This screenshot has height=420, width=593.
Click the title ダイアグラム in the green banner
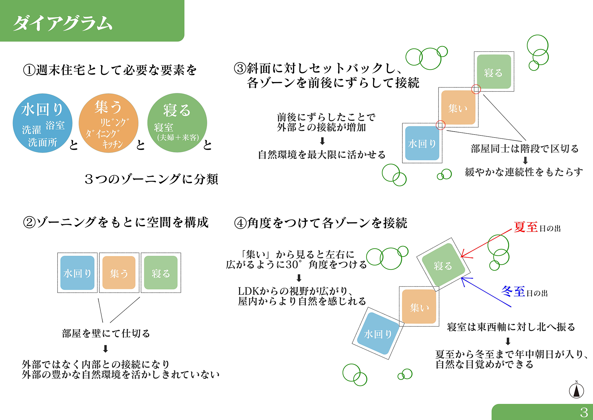pyautogui.click(x=63, y=23)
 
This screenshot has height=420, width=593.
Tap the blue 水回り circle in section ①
pyautogui.click(x=43, y=123)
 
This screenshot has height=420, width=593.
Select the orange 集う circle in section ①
pyautogui.click(x=109, y=123)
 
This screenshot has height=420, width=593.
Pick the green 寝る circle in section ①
pyautogui.click(x=177, y=123)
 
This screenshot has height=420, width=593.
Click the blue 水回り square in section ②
pyautogui.click(x=77, y=273)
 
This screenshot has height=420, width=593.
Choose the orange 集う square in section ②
pyautogui.click(x=119, y=273)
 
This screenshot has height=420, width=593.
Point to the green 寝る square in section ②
pyautogui.click(x=161, y=273)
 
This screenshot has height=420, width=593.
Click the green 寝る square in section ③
pyautogui.click(x=494, y=72)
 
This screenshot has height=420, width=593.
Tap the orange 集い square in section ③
pyautogui.click(x=458, y=108)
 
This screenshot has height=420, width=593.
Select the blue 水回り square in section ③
pyautogui.click(x=422, y=143)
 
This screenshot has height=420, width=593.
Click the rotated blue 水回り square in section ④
pyautogui.click(x=378, y=333)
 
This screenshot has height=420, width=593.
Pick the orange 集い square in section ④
pyautogui.click(x=419, y=307)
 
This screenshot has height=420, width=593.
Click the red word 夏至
pyautogui.click(x=526, y=227)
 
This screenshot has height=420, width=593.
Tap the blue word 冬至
pyautogui.click(x=513, y=292)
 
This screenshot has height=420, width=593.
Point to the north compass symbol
pyautogui.click(x=576, y=390)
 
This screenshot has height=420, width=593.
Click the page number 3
pyautogui.click(x=584, y=412)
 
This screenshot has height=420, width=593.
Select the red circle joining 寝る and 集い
pyautogui.click(x=476, y=89)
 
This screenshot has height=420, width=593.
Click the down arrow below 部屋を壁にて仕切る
pyautogui.click(x=105, y=348)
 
